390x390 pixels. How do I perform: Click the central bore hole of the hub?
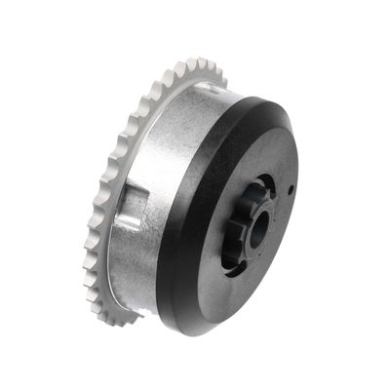tap(258, 229)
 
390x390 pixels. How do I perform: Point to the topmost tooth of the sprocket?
tap(200, 65)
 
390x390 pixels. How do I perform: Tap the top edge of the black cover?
tap(249, 97)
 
